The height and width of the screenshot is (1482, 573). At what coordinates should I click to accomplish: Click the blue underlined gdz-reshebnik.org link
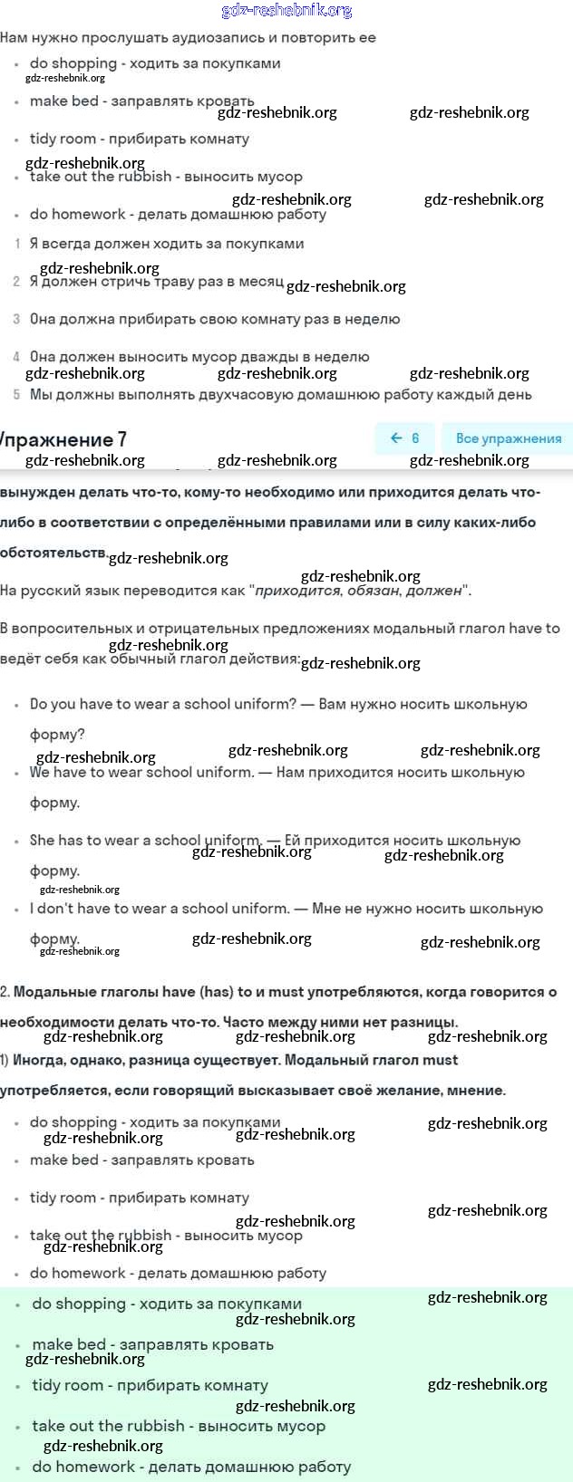click(x=286, y=11)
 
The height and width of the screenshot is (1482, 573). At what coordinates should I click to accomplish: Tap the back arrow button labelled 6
click(x=404, y=438)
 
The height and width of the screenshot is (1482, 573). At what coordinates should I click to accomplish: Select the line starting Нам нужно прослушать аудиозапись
click(x=188, y=38)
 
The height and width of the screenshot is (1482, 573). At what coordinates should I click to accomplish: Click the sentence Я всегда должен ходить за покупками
click(x=167, y=244)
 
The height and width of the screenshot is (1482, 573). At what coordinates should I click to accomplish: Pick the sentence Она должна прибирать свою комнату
click(x=215, y=319)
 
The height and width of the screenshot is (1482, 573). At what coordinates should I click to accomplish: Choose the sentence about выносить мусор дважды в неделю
click(x=199, y=357)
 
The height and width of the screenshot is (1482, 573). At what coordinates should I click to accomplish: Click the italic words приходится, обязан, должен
click(x=359, y=591)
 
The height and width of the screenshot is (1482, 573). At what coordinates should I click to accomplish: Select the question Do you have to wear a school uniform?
click(x=163, y=704)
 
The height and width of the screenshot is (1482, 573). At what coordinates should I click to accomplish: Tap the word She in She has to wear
click(x=42, y=841)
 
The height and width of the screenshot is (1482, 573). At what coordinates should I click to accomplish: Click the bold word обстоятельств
click(x=53, y=553)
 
